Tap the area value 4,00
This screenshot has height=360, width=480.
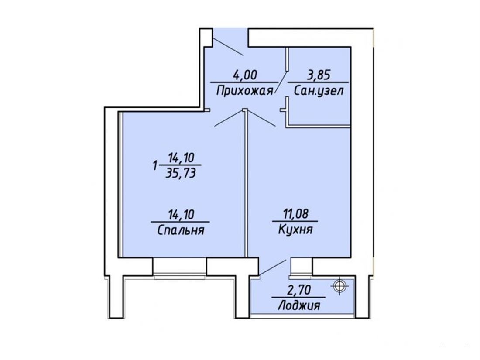tap(245, 75)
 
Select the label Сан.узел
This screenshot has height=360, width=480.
tap(319, 91)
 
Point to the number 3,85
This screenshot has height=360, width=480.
tap(319, 75)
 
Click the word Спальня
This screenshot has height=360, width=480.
tap(181, 230)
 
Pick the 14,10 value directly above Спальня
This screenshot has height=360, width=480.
tap(181, 214)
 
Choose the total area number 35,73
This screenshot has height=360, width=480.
tap(181, 174)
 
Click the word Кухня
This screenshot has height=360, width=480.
tap(295, 230)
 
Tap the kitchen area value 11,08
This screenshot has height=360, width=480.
tap(295, 214)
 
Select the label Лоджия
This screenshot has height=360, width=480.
tap(299, 305)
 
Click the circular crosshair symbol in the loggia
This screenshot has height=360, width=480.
tap(339, 286)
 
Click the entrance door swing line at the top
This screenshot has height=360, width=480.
tap(228, 47)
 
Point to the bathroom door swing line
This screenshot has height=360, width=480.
tap(281, 82)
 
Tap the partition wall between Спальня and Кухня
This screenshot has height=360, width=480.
tap(246, 184)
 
